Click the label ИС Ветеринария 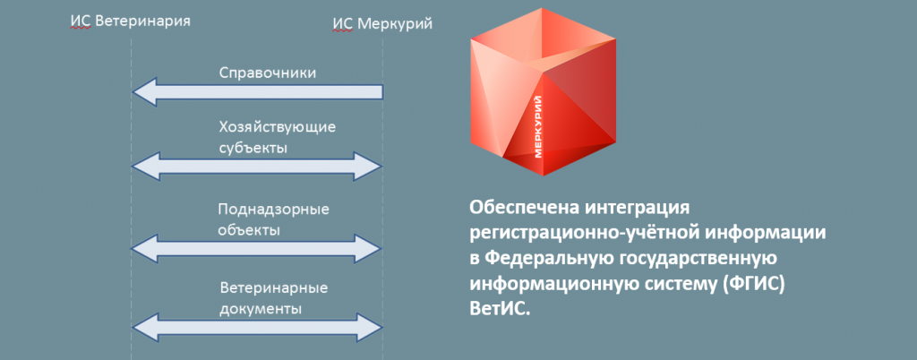130,21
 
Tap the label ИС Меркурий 382,24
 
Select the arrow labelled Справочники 257,91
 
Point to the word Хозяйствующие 278,127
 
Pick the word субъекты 253,147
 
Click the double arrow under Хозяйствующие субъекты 257,167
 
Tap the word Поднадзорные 274,210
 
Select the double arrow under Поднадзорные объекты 257,249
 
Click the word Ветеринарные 274,288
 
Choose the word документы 261,308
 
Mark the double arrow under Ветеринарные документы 257,328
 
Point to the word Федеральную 551,258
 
